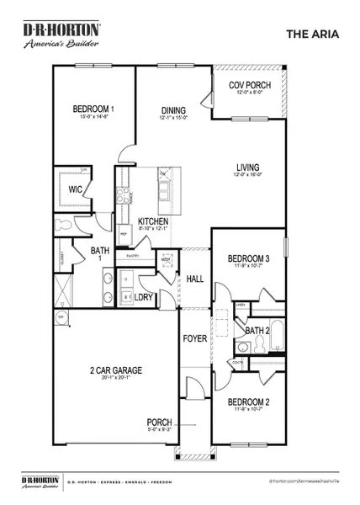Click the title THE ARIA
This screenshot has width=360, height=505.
[312, 35]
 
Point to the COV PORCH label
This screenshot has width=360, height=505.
[250, 85]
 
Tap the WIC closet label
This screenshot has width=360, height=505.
[75, 190]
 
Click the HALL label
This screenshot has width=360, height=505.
[196, 279]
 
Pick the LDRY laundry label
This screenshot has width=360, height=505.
[142, 297]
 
